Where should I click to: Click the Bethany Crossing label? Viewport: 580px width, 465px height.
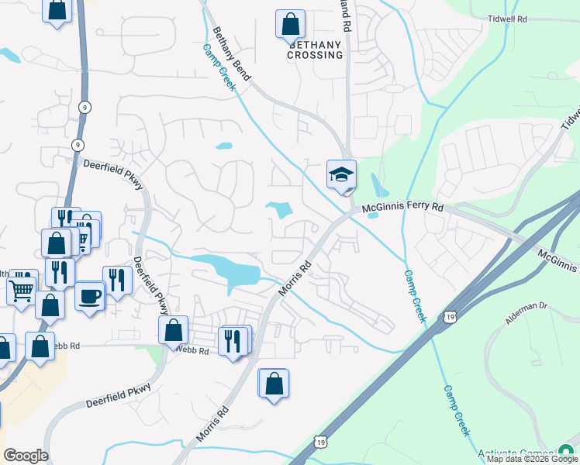315,50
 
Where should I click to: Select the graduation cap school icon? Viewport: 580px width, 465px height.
341,174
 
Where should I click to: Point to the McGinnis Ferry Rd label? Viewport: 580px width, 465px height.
402,208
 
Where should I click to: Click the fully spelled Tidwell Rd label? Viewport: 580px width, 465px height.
508,17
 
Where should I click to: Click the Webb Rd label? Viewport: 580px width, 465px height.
192,351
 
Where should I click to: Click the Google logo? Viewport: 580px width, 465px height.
26,456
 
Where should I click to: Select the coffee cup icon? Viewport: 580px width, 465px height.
91,295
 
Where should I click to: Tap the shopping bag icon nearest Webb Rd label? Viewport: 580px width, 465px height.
173,329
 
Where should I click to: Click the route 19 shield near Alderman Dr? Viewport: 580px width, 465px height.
450,315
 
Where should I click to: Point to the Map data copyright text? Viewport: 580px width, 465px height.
532,459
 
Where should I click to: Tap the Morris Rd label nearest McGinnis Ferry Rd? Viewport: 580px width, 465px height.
295,277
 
